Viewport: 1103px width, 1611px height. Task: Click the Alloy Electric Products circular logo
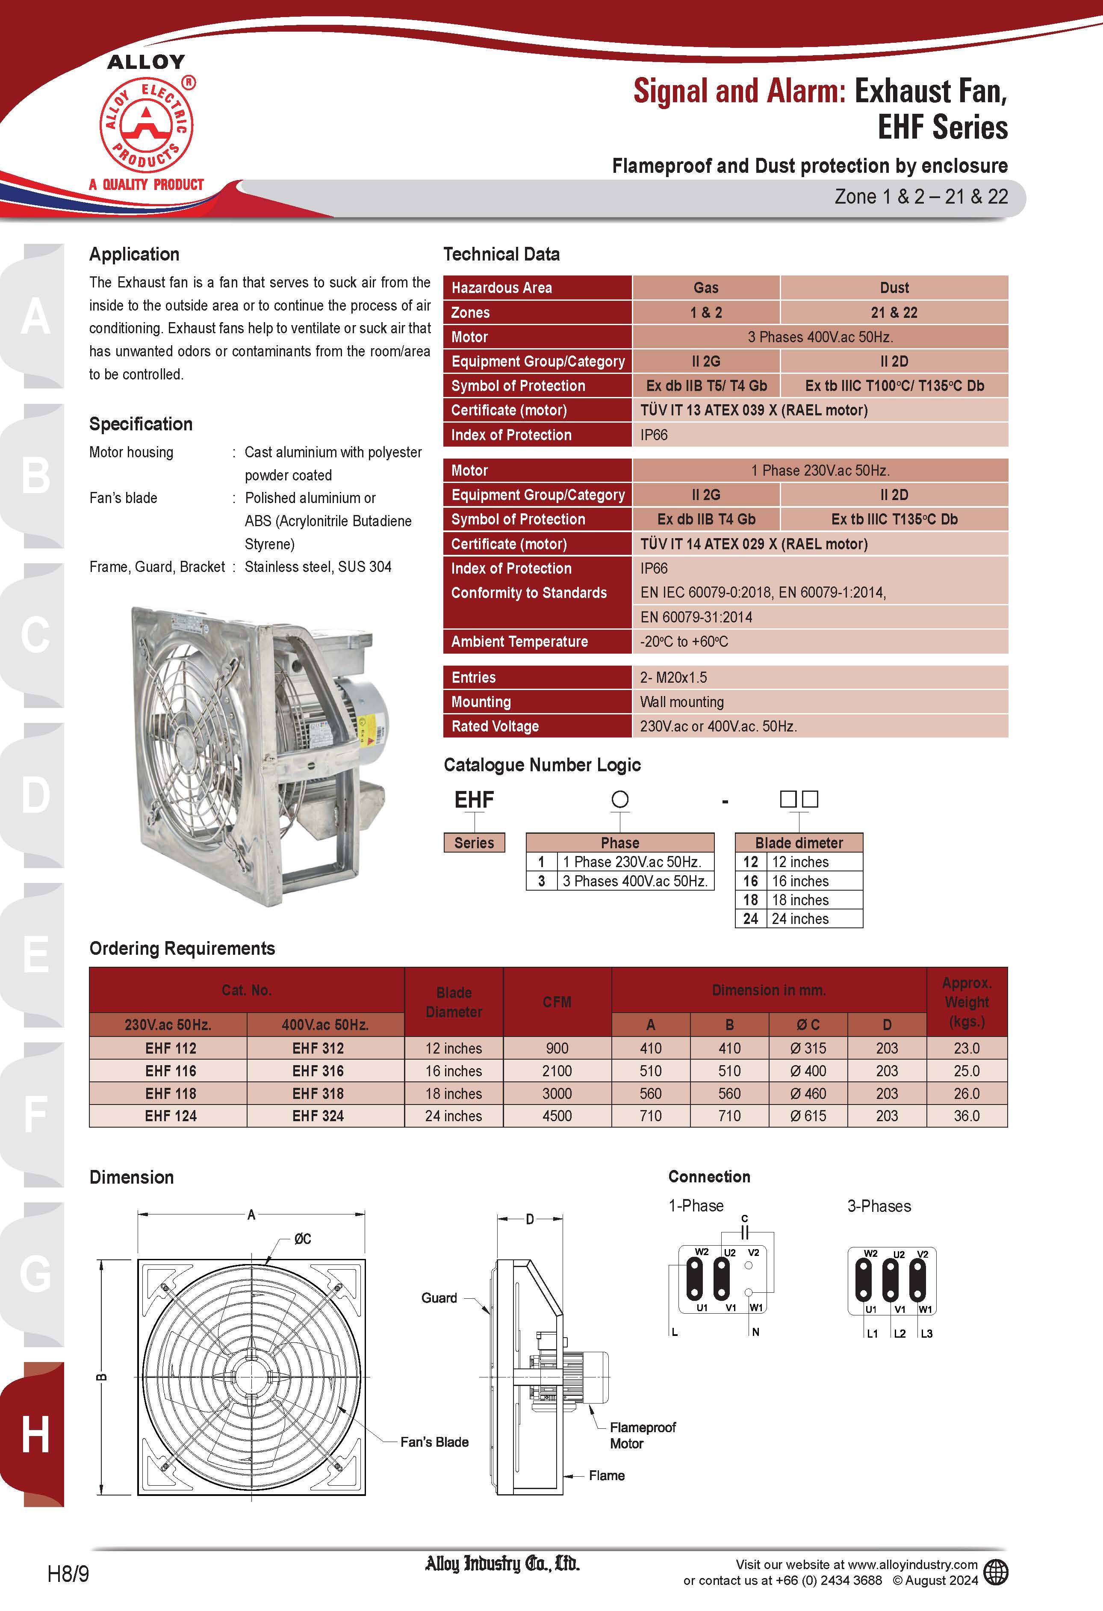(146, 125)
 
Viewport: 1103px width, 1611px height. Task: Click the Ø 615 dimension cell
(808, 1116)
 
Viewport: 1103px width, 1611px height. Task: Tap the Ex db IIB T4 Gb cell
(705, 519)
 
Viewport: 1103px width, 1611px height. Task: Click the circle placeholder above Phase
(619, 799)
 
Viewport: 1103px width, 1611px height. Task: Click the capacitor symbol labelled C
(745, 1232)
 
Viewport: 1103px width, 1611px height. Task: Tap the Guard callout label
(439, 1298)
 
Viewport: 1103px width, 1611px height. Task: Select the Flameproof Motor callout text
(642, 1436)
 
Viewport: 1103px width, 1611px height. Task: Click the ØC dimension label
(302, 1239)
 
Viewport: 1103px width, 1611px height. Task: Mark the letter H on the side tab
(35, 1434)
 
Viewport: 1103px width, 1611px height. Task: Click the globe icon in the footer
(996, 1572)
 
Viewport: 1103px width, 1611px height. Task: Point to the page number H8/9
(68, 1573)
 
